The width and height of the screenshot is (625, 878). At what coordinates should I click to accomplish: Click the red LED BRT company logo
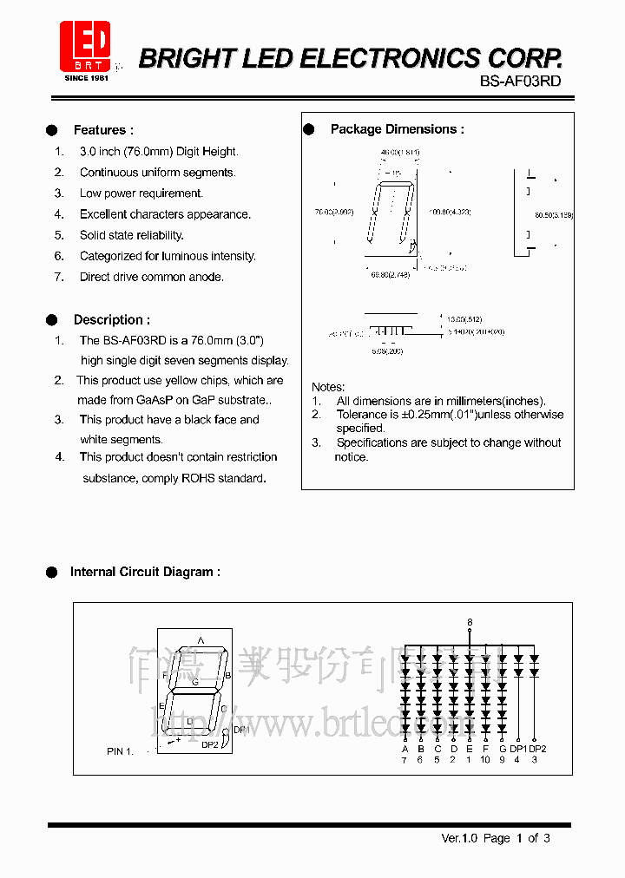[x=85, y=48]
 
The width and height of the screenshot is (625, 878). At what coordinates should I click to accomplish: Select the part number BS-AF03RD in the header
[x=520, y=81]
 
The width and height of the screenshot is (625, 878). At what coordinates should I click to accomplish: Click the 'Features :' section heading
[x=103, y=130]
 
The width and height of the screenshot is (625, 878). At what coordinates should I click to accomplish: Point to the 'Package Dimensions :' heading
[x=397, y=129]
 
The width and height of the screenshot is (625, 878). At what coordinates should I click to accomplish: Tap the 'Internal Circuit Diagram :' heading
[x=145, y=572]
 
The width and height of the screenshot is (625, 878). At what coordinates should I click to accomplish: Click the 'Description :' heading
[x=111, y=319]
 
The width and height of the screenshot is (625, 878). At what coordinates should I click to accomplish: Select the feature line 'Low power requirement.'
[x=141, y=193]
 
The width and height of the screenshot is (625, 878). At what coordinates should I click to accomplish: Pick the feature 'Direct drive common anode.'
[x=152, y=277]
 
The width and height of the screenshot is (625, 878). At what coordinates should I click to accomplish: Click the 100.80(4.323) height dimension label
[x=451, y=211]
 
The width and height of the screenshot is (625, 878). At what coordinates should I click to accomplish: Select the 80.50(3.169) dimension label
[x=553, y=214]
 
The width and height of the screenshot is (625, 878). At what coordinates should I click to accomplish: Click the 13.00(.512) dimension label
[x=463, y=319]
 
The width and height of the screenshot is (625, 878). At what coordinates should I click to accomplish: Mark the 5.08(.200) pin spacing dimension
[x=386, y=351]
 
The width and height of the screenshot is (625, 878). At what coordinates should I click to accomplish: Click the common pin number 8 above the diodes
[x=470, y=623]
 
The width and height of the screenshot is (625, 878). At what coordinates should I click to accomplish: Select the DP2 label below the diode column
[x=537, y=749]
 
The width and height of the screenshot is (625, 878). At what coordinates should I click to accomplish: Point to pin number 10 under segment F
[x=484, y=760]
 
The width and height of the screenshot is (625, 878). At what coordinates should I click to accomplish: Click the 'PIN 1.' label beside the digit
[x=121, y=751]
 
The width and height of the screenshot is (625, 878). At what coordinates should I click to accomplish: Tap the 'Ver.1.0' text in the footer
[x=459, y=838]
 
